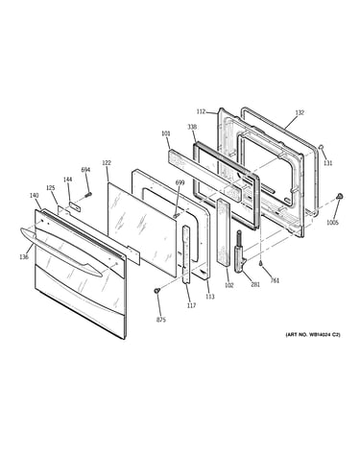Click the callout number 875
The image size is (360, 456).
pos(161,320)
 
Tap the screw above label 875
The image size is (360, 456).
pos(156,291)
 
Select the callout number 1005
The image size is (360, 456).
pos(332,223)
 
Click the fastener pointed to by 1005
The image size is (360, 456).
pos(339,196)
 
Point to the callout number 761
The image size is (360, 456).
pos(275,280)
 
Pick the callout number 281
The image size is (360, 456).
pos(255,284)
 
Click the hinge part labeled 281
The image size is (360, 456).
pos(241,252)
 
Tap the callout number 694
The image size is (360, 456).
pos(85,170)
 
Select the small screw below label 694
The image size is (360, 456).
pos(88,194)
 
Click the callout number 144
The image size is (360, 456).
pos(67,180)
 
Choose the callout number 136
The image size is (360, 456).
pos(24,256)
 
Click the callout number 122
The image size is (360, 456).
pos(107,163)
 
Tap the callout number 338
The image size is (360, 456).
pos(192,127)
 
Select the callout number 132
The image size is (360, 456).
pos(300,112)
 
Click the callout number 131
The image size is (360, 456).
pos(328,163)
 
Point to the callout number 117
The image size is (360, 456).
pos(191,305)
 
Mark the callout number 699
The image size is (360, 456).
pos(180,182)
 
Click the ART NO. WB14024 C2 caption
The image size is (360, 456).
pos(313,334)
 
